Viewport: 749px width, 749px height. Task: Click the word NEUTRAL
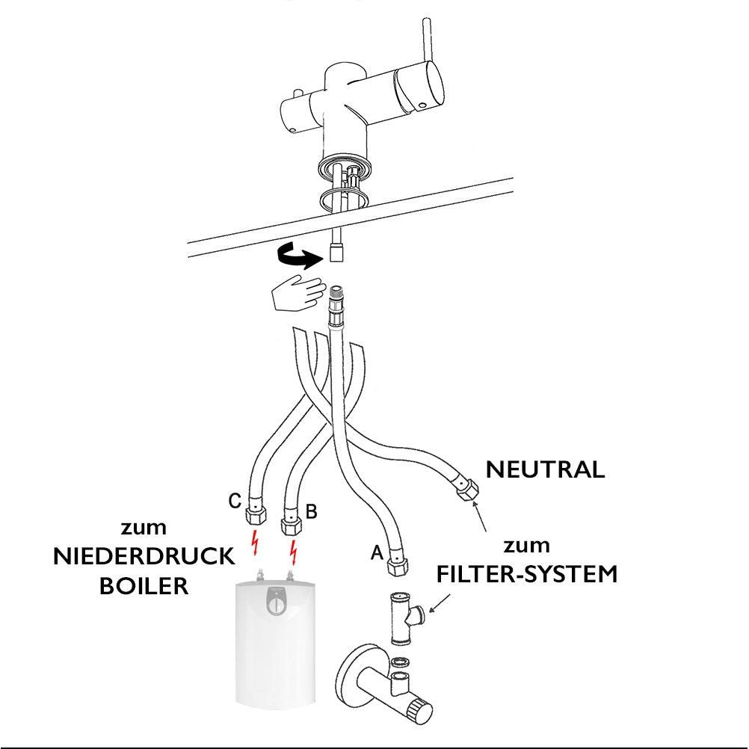tap(545, 470)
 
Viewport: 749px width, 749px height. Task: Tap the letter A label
tap(377, 552)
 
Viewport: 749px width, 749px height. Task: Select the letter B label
tap(312, 511)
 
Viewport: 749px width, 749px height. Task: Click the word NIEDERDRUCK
tap(144, 557)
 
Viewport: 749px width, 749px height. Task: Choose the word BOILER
tap(144, 586)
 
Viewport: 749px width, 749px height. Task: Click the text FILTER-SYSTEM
tap(527, 574)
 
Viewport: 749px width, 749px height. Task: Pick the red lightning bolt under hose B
tap(295, 551)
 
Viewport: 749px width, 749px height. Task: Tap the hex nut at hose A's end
tap(396, 568)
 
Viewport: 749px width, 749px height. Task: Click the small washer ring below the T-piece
tap(400, 661)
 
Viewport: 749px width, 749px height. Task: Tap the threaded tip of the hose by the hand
tap(336, 293)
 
